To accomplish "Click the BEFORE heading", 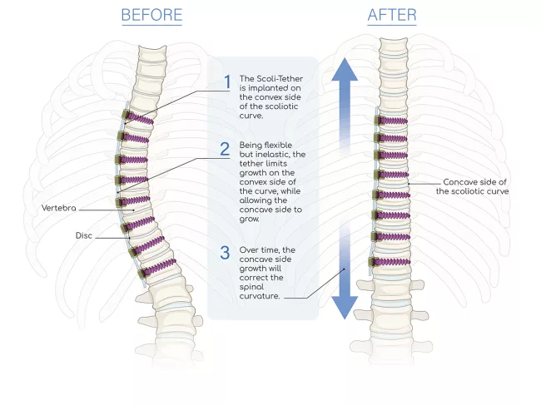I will pyautogui.click(x=151, y=15).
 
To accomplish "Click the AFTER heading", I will pyautogui.click(x=391, y=15).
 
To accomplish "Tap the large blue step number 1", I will pyautogui.click(x=226, y=81).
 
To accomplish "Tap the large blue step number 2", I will pyautogui.click(x=225, y=150).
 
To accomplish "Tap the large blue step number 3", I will pyautogui.click(x=226, y=252).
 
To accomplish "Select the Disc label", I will pyautogui.click(x=84, y=235).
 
